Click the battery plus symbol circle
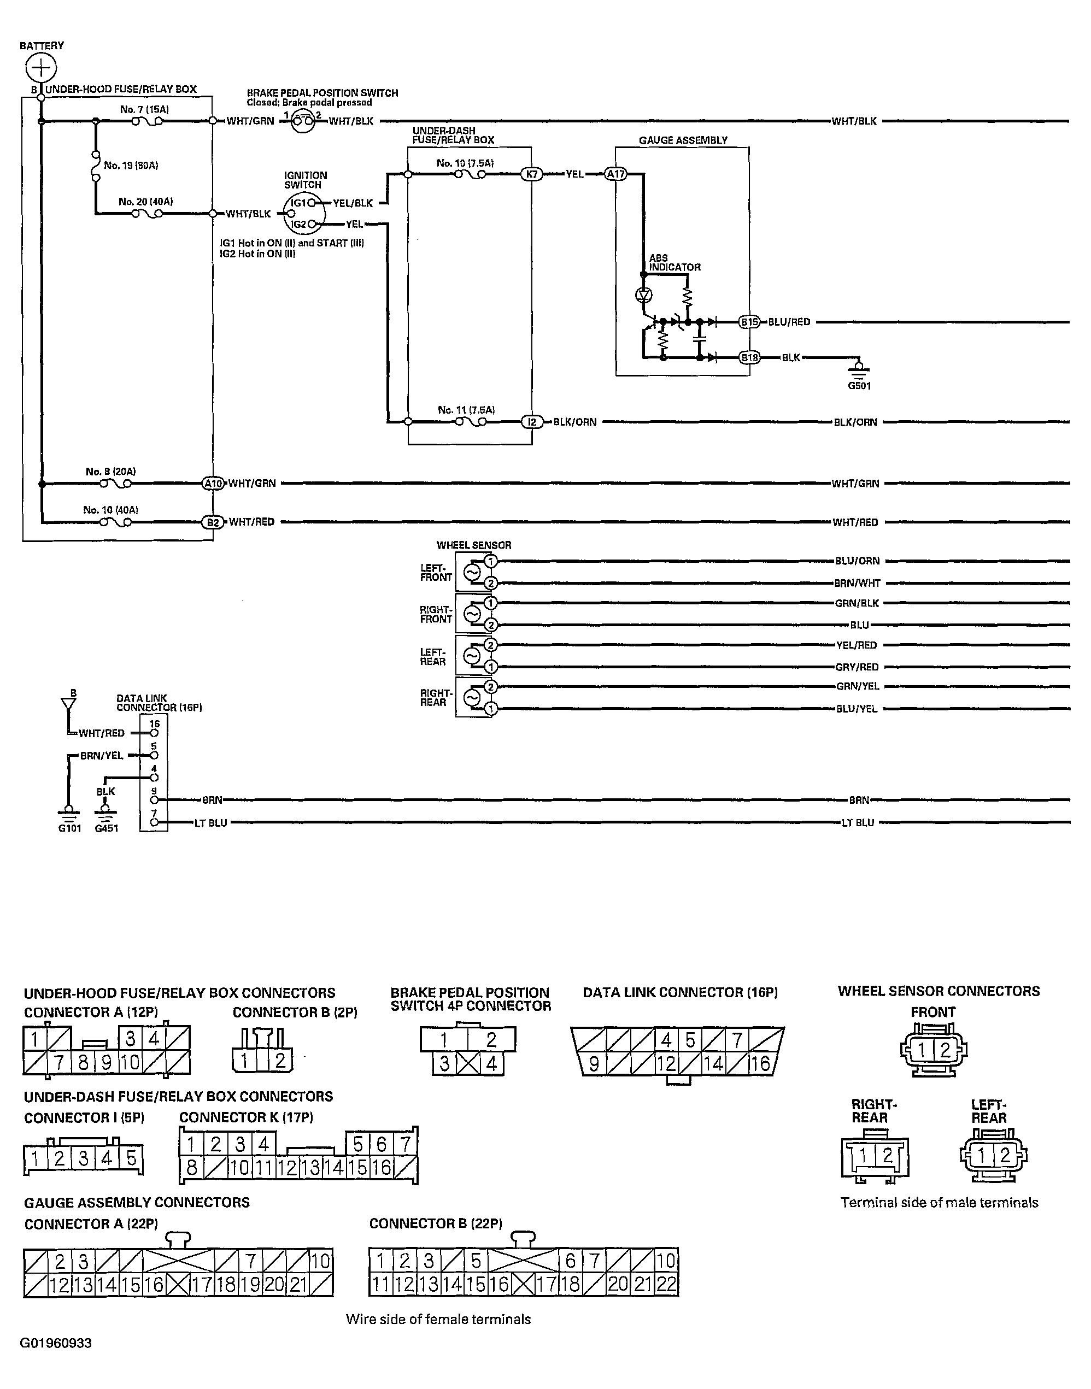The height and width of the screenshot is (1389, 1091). [41, 67]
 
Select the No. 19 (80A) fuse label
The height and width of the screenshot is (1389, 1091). [131, 166]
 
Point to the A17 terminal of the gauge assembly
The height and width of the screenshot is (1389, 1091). [616, 174]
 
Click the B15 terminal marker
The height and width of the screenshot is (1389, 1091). [749, 322]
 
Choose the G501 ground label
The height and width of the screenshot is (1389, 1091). [859, 386]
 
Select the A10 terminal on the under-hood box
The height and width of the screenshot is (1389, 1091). [213, 484]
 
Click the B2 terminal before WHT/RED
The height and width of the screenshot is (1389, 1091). [213, 522]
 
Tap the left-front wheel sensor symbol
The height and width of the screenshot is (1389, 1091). [472, 572]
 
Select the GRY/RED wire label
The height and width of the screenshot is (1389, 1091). [857, 667]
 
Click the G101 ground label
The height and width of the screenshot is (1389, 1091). [69, 828]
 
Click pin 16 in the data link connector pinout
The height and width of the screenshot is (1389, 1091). [760, 1063]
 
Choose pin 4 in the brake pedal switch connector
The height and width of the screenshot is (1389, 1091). [491, 1064]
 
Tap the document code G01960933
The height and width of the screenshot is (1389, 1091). [56, 1343]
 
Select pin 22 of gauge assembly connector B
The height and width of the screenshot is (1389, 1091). [666, 1285]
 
